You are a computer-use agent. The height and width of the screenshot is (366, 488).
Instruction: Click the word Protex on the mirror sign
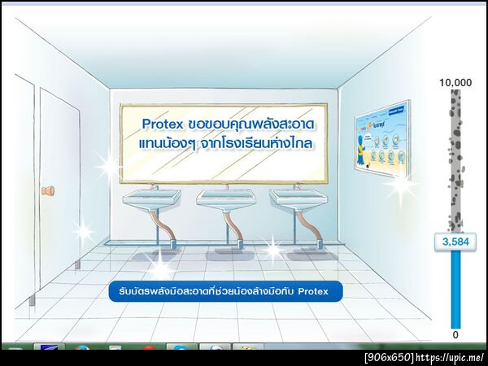click(x=162, y=124)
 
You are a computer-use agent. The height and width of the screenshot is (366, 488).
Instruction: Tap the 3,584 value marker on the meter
click(x=455, y=242)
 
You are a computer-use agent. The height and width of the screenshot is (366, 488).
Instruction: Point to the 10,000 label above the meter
click(x=455, y=83)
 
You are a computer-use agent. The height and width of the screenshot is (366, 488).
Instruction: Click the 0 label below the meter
click(x=455, y=334)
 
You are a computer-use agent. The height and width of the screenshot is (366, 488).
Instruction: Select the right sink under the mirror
click(x=298, y=198)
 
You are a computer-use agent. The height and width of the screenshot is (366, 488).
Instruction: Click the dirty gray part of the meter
click(x=455, y=155)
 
